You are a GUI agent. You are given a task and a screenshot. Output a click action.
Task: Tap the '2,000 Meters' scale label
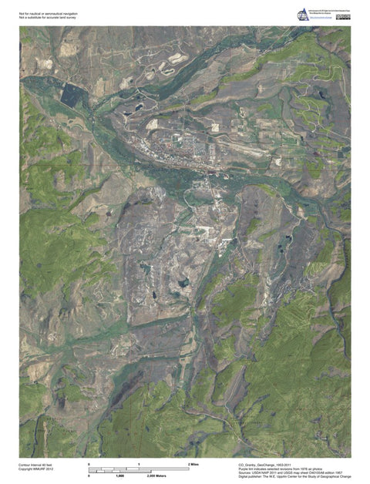pos(156,476)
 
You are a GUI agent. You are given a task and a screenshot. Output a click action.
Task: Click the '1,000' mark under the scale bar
pos(120,476)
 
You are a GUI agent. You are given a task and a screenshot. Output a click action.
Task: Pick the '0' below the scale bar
pos(89,476)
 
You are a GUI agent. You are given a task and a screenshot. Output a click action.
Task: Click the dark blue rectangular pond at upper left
pos(70,96)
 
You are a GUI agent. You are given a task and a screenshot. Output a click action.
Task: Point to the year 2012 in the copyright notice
pos(52,469)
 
